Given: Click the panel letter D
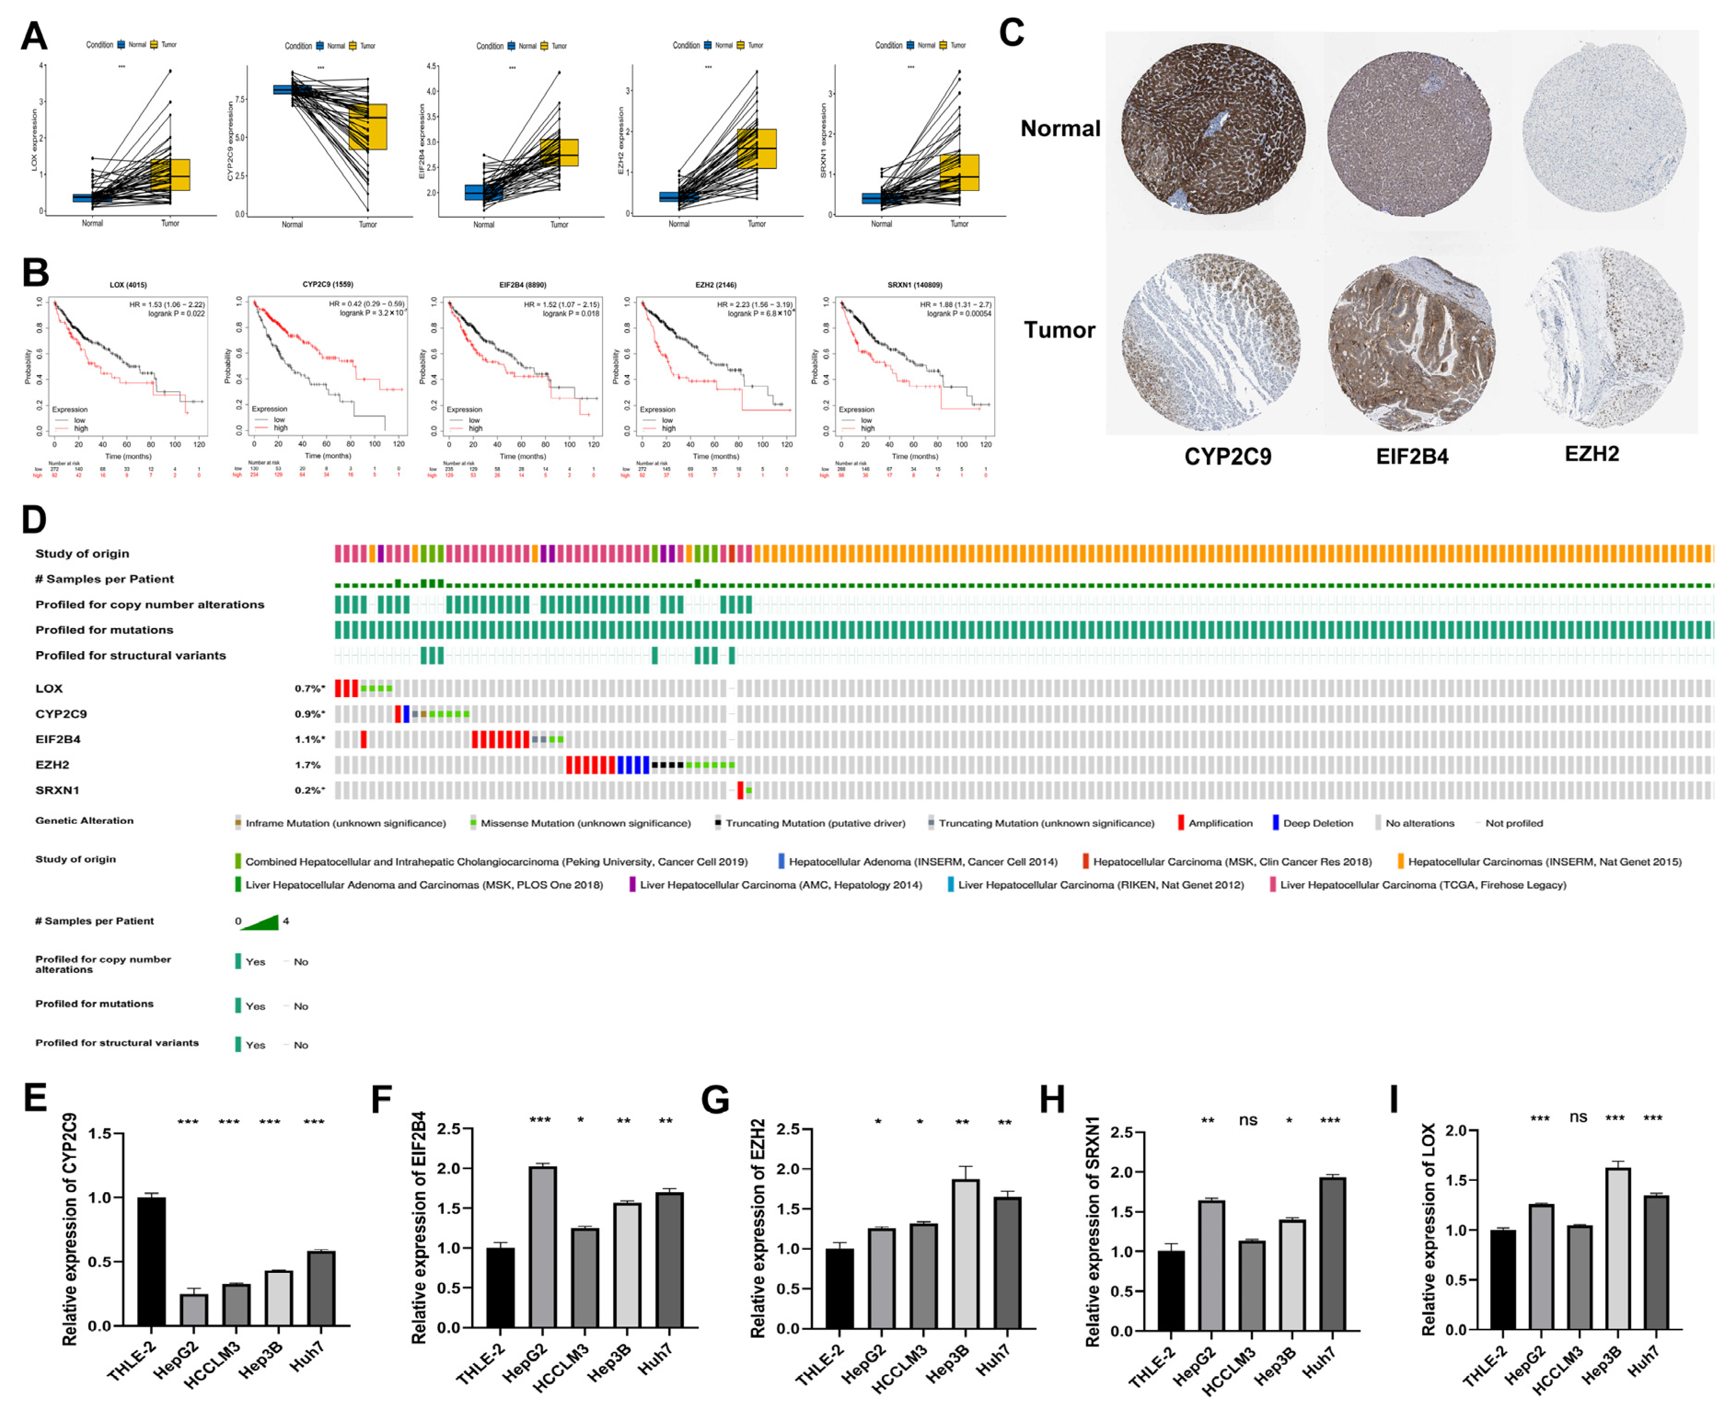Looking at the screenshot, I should coord(34,520).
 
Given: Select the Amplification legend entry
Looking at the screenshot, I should coord(1220,823).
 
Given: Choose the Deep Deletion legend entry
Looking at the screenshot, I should coord(1317,823).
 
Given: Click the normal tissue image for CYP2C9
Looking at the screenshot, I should coord(1212,131).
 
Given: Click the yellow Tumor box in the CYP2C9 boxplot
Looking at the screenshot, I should coord(368,127).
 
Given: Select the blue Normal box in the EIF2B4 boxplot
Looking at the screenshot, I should coord(484,192).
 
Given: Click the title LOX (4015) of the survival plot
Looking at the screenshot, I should coord(128,285).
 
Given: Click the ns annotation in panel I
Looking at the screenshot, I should coord(1578,1117).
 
